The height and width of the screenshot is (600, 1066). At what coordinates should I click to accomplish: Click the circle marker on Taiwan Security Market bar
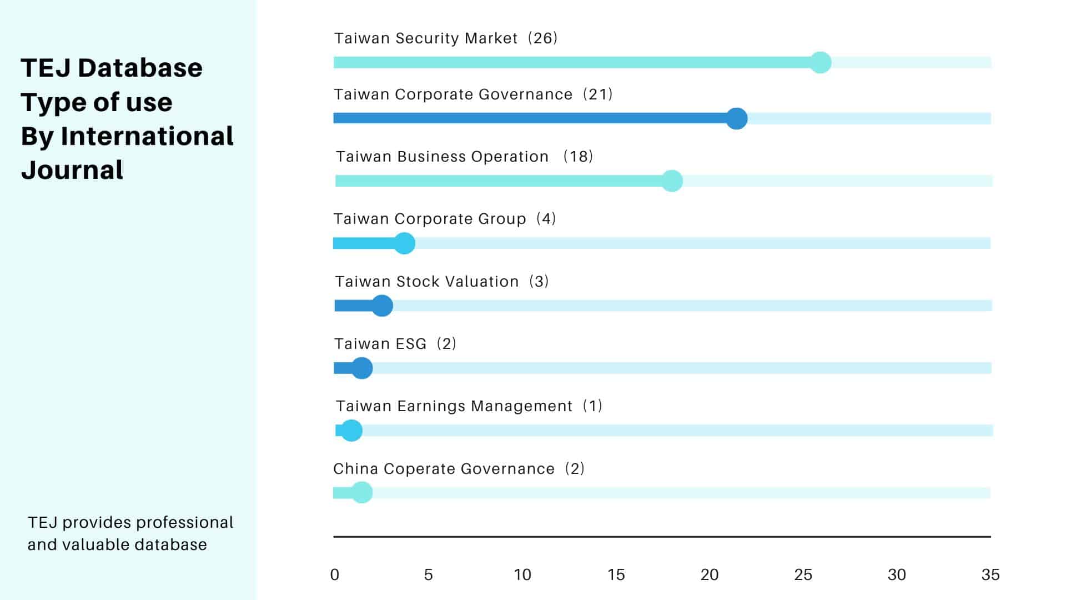click(x=820, y=62)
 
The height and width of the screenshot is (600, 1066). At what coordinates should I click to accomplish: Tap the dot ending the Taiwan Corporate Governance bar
click(x=737, y=118)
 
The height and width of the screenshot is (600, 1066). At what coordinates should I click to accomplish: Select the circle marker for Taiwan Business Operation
click(x=672, y=181)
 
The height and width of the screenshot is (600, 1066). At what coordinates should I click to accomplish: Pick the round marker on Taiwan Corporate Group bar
click(x=404, y=243)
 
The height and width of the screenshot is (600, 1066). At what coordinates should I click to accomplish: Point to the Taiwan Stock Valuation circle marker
click(x=382, y=306)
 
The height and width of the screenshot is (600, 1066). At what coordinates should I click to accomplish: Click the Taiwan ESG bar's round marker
click(x=362, y=368)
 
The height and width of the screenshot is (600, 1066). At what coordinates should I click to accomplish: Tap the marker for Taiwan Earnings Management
click(x=351, y=431)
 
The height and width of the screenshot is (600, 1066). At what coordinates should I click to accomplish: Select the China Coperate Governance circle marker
click(x=362, y=493)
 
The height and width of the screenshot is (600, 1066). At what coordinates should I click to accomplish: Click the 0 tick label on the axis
click(x=334, y=574)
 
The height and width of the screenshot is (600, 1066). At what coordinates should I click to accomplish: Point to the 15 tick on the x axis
click(x=616, y=574)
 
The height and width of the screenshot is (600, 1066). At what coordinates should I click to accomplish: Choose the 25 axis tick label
click(x=803, y=574)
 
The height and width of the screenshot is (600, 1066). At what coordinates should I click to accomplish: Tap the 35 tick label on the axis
click(x=990, y=574)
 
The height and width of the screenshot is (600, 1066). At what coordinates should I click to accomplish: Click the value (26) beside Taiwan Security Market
click(x=542, y=38)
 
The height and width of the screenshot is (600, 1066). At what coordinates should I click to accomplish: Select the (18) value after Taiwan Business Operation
click(x=578, y=157)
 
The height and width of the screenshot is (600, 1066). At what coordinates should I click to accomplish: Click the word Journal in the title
click(x=72, y=170)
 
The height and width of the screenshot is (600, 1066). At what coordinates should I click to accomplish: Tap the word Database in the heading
click(x=140, y=68)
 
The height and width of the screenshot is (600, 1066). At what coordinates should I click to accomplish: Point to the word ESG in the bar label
click(x=411, y=344)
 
